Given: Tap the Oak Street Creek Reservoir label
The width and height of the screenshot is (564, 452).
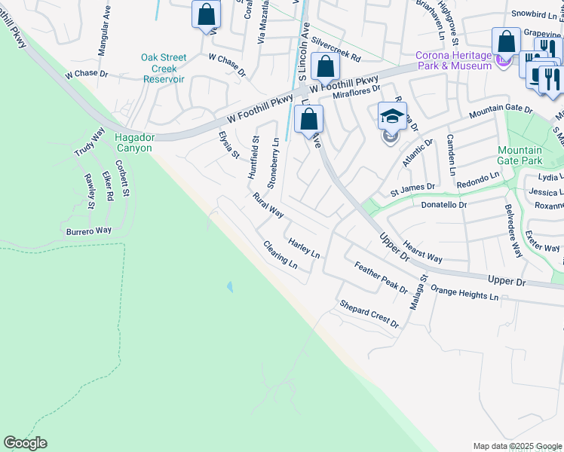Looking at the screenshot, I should click(x=163, y=69).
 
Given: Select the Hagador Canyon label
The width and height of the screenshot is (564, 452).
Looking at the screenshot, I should click(x=133, y=142).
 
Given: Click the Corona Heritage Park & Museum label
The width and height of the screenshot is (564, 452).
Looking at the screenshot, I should click(x=455, y=60).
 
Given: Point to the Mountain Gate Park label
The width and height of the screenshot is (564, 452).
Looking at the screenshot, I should click(x=520, y=155).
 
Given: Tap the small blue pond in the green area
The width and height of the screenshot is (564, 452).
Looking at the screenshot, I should click(x=228, y=287).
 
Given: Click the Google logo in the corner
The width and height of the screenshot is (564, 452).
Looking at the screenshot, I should click(x=25, y=443).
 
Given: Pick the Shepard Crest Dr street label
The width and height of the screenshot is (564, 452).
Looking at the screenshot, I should click(x=369, y=314).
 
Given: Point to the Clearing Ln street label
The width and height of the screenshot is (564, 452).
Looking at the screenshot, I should click(x=280, y=255).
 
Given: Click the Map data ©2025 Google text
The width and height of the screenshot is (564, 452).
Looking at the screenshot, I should click(x=517, y=446).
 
